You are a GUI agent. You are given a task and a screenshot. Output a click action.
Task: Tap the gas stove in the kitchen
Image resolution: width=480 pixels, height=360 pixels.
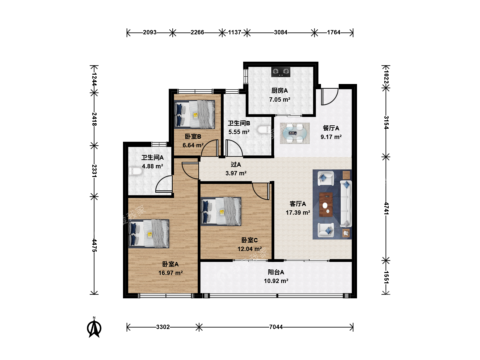click(281, 72)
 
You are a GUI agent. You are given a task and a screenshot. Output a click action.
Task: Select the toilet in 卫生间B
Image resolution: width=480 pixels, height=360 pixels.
click(264, 130)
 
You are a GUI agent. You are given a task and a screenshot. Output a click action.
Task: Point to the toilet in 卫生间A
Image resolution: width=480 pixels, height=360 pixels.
click(136, 171)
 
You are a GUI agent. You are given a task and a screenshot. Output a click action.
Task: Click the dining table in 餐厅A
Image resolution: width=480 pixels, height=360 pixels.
click(295, 133)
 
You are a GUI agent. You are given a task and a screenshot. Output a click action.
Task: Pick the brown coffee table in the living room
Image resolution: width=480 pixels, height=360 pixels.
click(326, 205)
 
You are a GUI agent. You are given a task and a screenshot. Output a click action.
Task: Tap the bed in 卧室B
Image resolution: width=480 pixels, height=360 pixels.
click(194, 114)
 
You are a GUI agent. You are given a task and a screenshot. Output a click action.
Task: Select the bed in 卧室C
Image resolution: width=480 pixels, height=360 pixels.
click(221, 211)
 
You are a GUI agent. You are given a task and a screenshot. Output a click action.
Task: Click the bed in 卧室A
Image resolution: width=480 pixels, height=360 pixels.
click(149, 234)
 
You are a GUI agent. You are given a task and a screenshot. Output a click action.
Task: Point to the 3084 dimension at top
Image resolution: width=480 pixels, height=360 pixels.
click(281, 32)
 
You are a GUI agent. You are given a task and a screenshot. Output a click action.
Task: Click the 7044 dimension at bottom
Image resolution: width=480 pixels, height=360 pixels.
click(276, 327)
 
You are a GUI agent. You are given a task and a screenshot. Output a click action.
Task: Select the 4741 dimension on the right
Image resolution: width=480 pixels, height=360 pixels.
click(386, 208)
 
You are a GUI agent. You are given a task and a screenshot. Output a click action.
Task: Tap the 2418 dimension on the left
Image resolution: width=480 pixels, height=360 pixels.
click(94, 119)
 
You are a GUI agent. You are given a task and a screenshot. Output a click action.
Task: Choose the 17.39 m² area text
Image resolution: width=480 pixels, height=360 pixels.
click(298, 212)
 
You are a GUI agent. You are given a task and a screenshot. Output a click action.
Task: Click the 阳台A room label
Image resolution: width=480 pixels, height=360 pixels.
click(276, 272)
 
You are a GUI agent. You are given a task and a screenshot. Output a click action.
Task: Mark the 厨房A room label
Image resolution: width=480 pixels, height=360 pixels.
click(280, 90)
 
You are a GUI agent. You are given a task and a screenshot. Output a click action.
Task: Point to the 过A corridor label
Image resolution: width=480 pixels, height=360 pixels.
click(236, 164)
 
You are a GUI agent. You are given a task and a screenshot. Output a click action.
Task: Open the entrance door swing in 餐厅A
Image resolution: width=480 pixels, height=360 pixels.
click(329, 97)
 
